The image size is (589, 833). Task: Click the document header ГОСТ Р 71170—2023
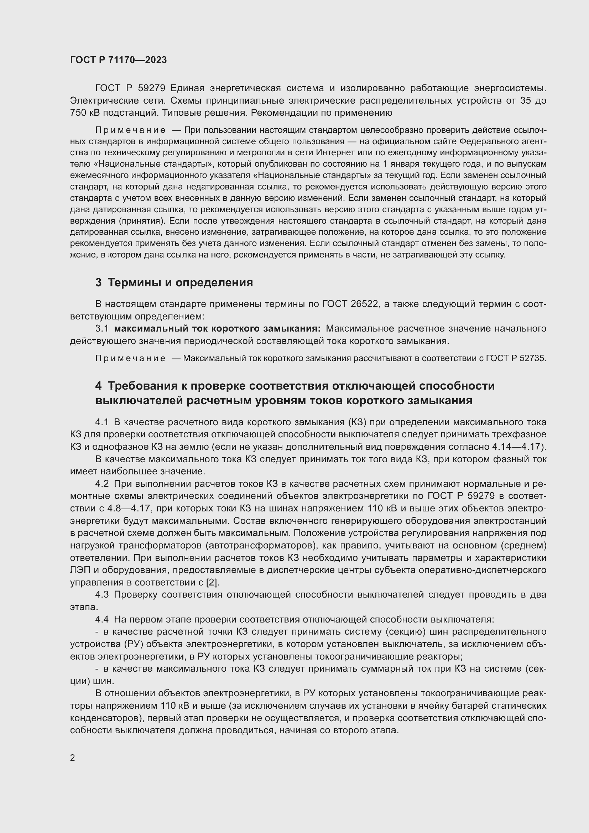pos(118,60)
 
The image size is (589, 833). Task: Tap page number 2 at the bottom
pos(73,757)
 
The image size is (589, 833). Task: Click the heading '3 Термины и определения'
pos(174,282)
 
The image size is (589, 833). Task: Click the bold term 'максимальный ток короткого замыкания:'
pos(217,329)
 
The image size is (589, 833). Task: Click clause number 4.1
pos(102,422)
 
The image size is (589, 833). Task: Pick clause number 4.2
pos(102,484)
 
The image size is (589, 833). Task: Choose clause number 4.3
pos(102,594)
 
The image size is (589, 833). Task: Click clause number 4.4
pos(102,619)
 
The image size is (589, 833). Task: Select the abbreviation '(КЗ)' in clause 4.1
pos(359,422)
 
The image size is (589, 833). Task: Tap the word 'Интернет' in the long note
pos(332,153)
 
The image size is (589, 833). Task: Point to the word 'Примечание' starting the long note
pos(130,130)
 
